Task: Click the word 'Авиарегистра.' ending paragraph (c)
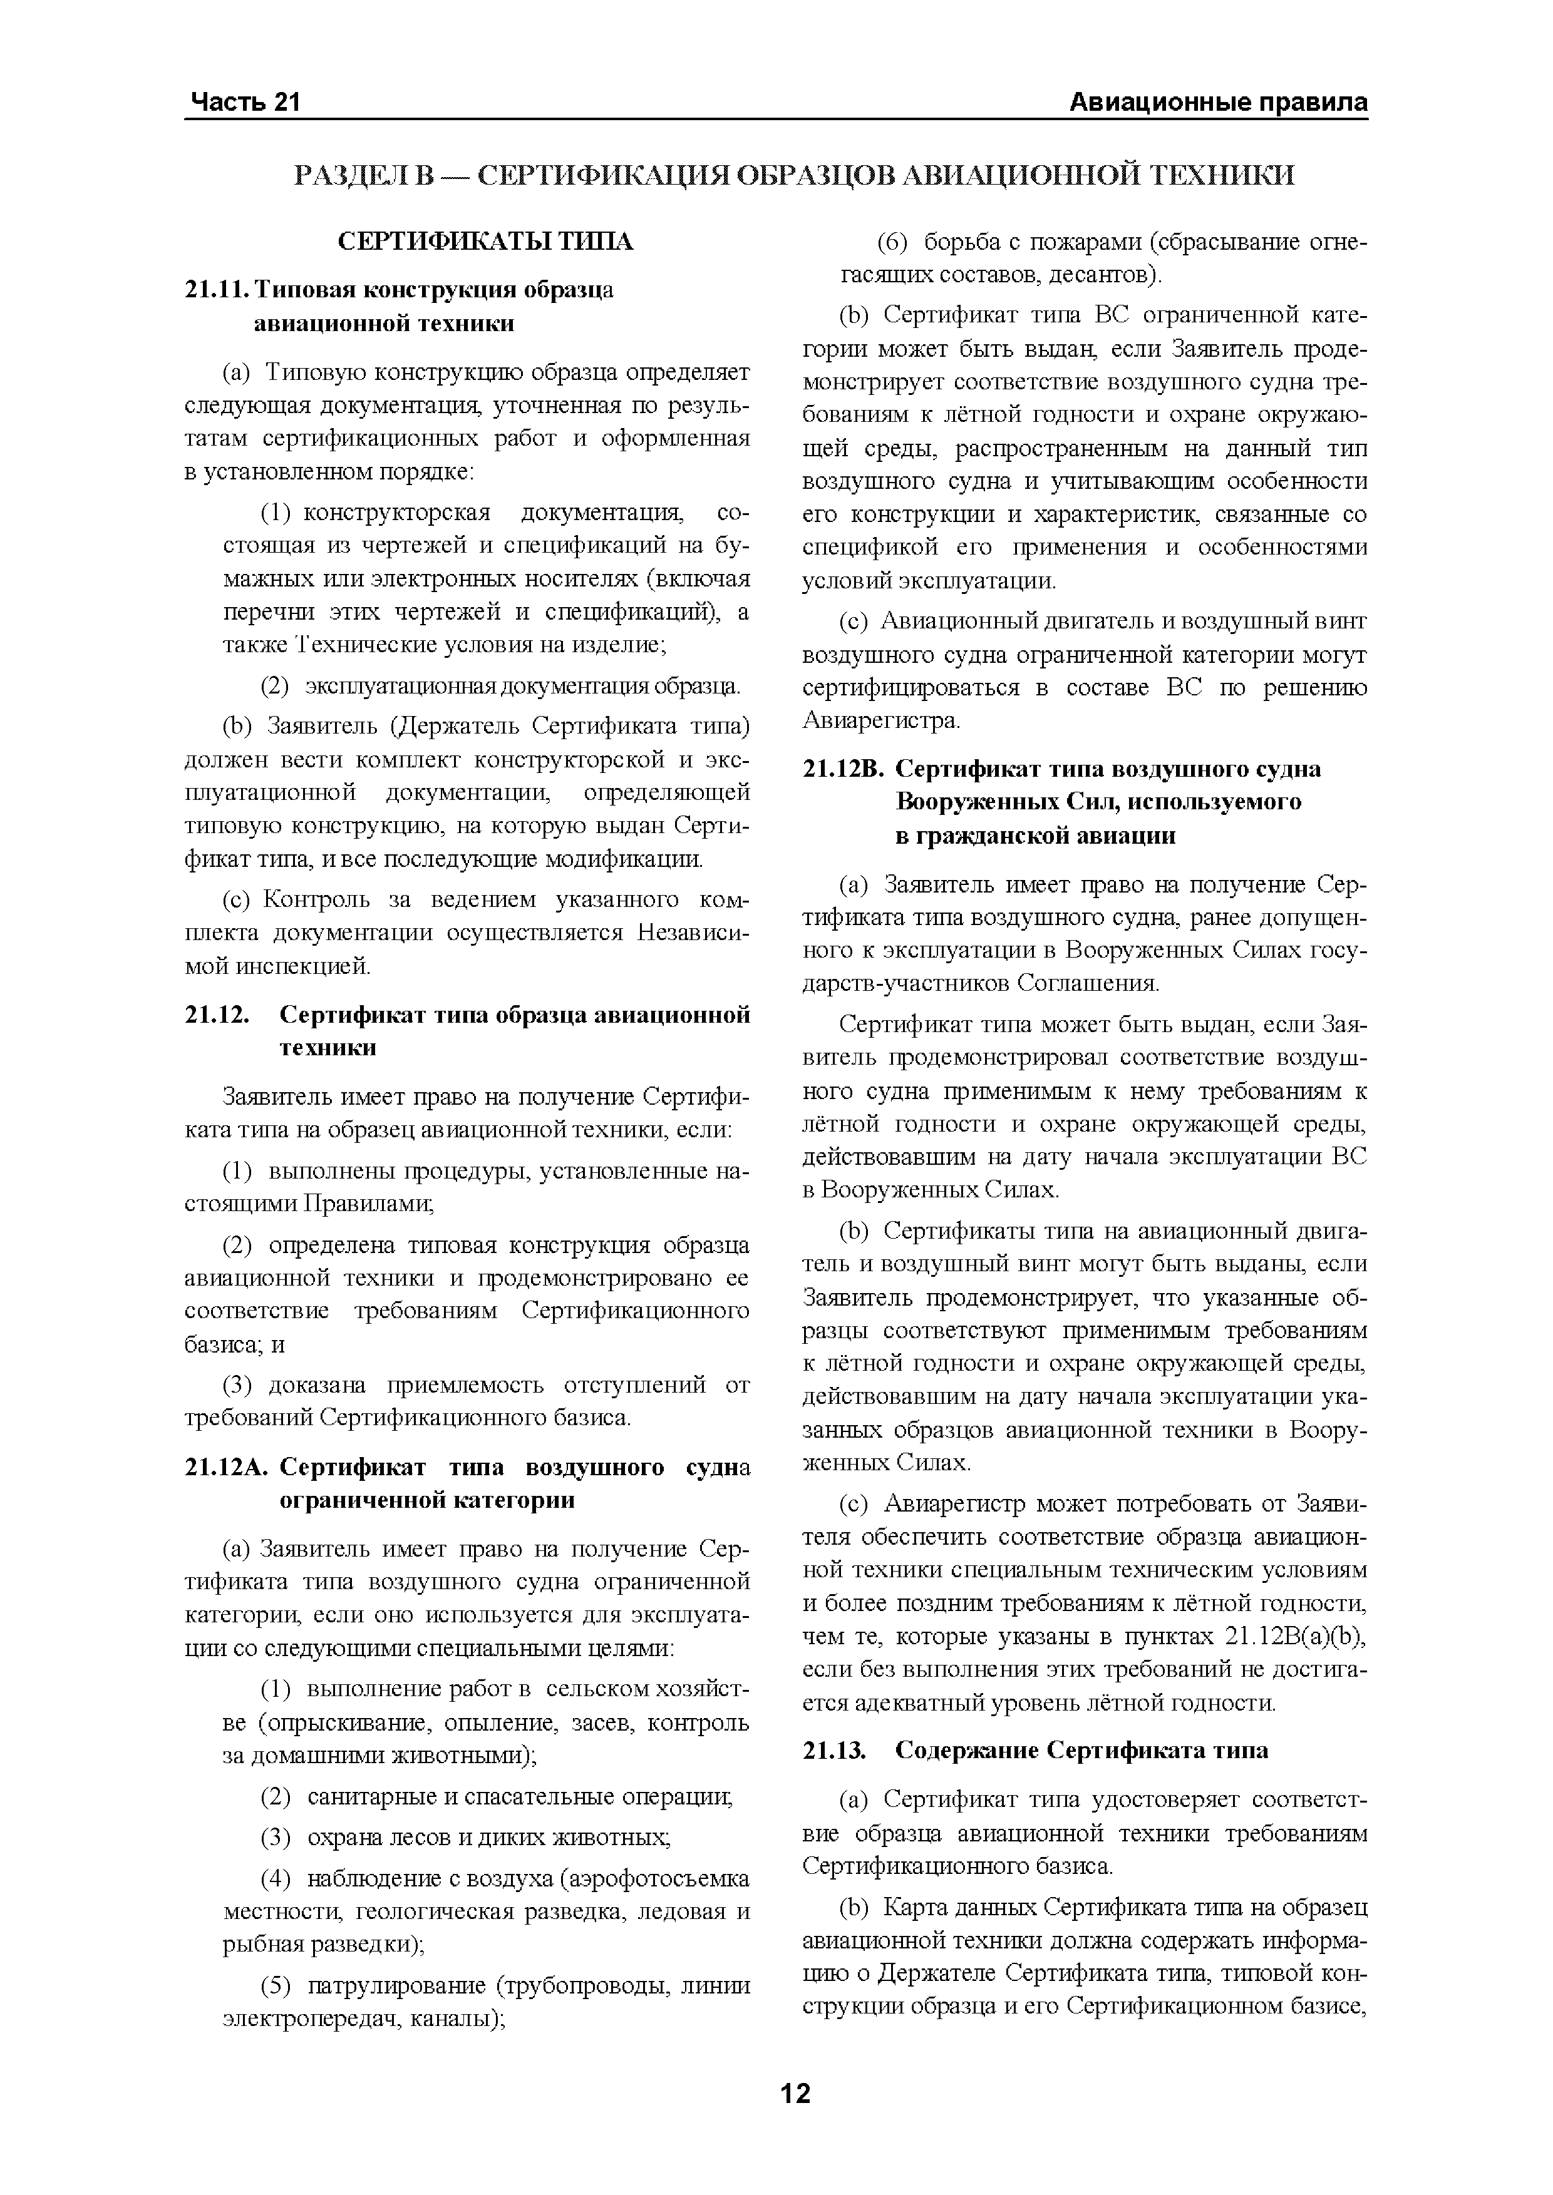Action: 880,721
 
